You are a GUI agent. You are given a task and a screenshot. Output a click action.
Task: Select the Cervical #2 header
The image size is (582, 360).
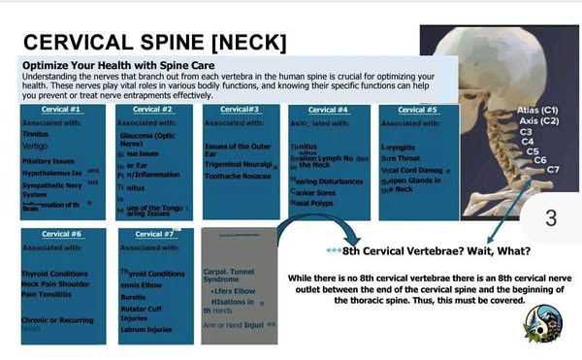click(x=152, y=110)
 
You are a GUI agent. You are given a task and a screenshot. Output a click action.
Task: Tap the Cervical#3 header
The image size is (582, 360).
click(x=239, y=110)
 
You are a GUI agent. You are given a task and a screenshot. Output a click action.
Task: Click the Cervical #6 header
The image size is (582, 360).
click(x=62, y=234)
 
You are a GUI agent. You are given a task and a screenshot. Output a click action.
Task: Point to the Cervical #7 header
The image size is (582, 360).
click(x=155, y=234)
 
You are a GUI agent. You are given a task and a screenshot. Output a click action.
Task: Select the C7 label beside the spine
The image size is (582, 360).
click(x=553, y=170)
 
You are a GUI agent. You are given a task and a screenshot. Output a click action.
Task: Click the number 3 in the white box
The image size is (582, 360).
click(x=551, y=217)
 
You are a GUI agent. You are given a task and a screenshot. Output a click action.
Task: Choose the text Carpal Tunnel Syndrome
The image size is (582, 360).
click(x=228, y=277)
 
